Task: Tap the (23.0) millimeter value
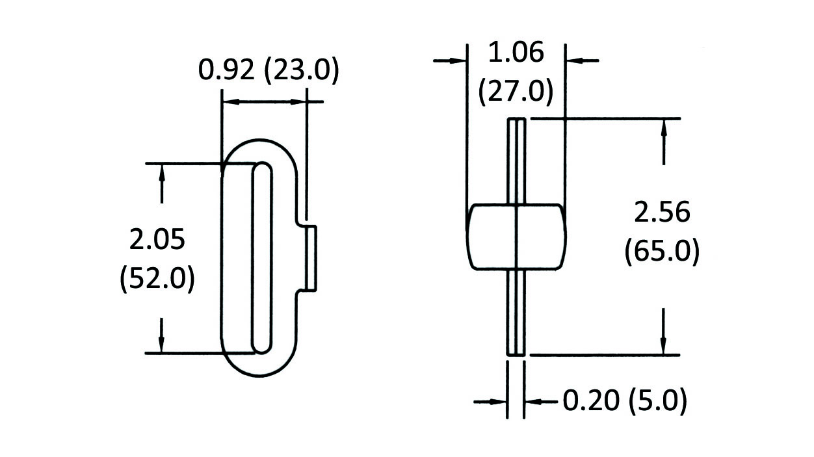pos(302,70)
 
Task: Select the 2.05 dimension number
pos(157,240)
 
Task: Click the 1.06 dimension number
pos(516,52)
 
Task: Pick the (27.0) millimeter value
pos(516,90)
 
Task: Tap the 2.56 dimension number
pos(662,213)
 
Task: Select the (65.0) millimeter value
pos(662,251)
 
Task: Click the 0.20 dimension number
pos(590,401)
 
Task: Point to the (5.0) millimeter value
pos(658,401)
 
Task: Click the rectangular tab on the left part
pos(311,258)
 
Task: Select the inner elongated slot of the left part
pos(261,258)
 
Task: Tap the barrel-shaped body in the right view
pos(516,237)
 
